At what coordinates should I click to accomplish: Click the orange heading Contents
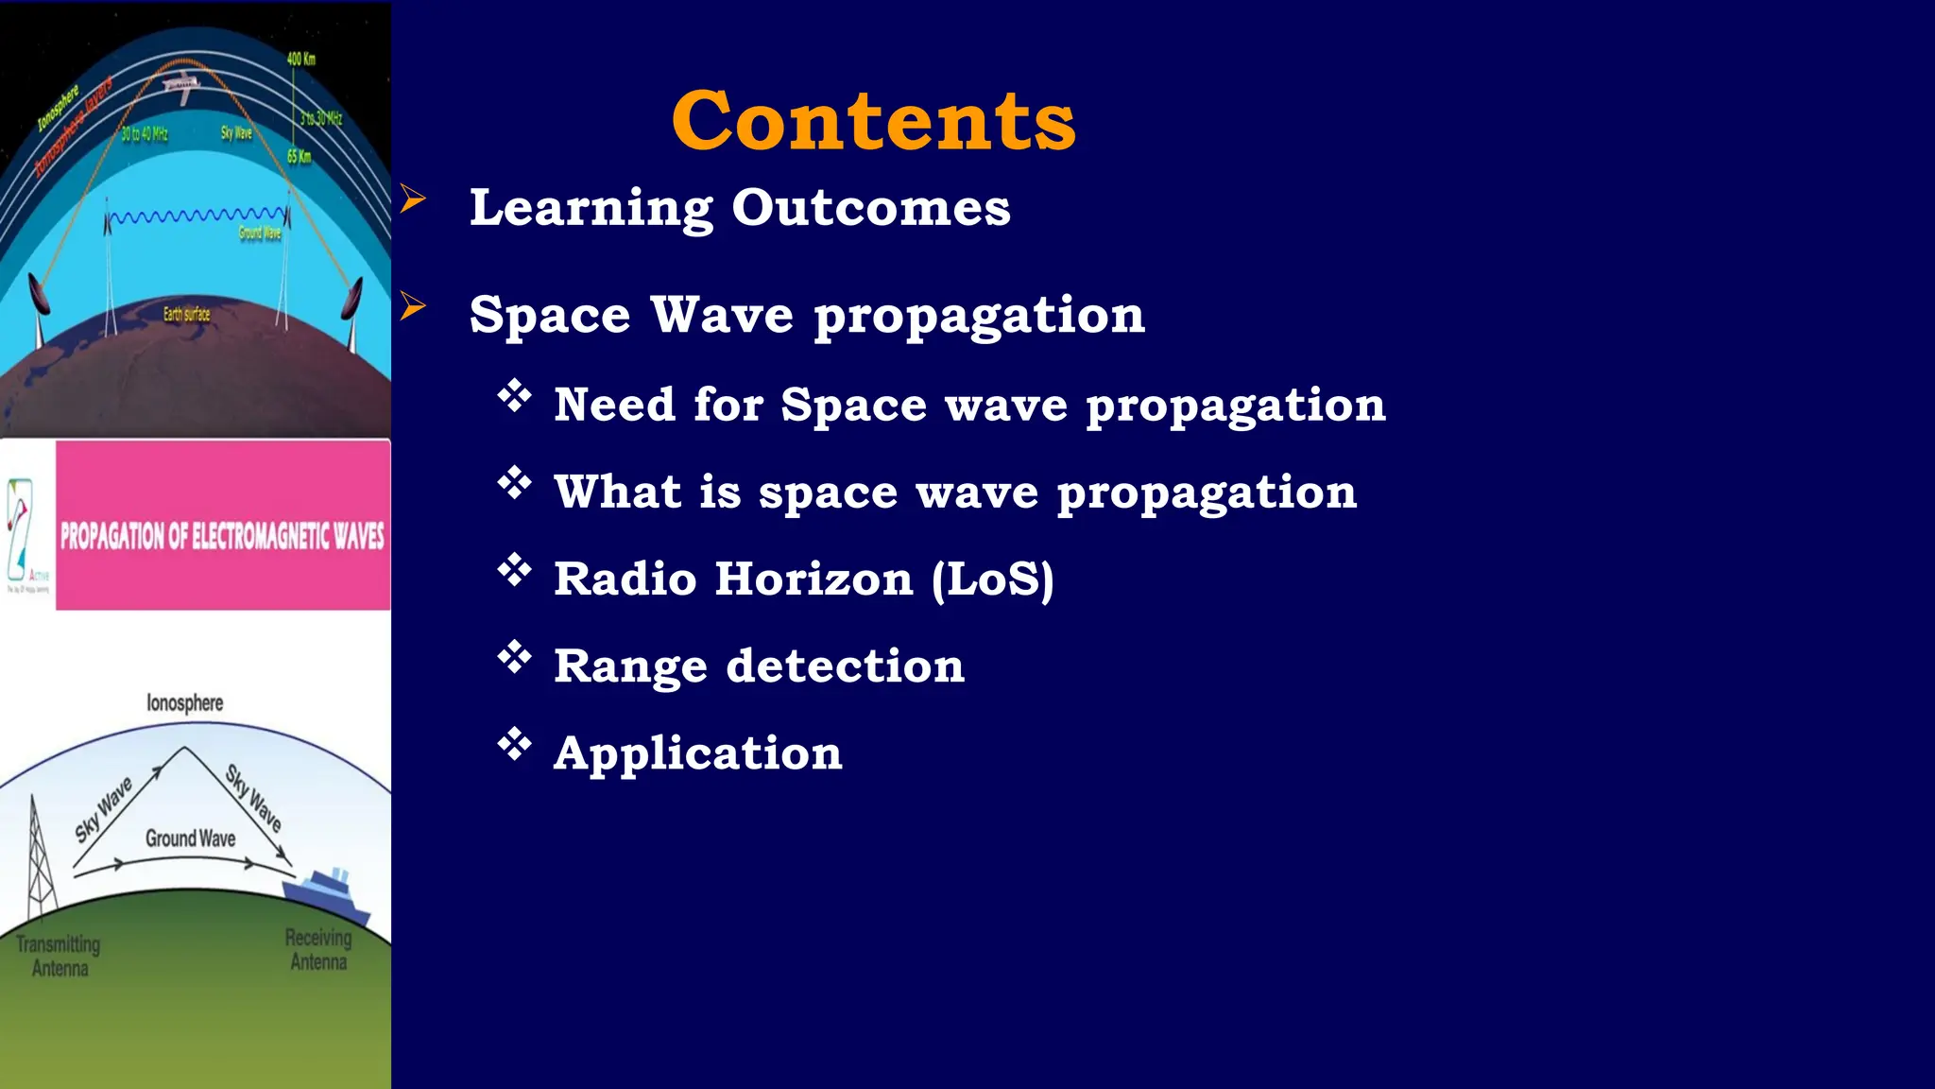click(873, 121)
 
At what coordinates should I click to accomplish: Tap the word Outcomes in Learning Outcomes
click(870, 207)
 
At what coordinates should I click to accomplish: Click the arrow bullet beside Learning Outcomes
click(413, 199)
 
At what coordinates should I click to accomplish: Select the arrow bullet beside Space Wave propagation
click(413, 306)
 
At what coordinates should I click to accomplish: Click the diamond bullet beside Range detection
click(515, 657)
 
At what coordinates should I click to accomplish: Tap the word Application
click(697, 753)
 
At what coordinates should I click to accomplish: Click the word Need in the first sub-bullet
click(614, 405)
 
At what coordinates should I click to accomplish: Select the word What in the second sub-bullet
click(617, 492)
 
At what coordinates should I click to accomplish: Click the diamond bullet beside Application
click(515, 744)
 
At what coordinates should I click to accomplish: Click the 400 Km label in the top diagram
click(300, 59)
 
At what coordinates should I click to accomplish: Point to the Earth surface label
click(186, 314)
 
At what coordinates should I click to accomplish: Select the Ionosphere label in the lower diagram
click(185, 702)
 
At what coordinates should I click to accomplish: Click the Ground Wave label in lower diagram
click(190, 838)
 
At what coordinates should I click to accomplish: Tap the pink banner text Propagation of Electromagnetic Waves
click(222, 536)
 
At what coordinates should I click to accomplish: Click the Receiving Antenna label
click(318, 949)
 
